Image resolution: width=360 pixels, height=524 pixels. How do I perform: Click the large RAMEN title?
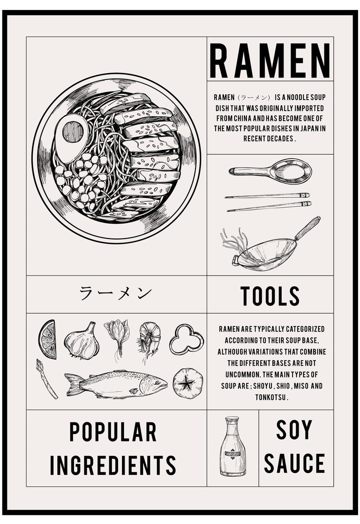click(270, 60)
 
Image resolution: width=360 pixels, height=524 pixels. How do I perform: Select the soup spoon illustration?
click(272, 171)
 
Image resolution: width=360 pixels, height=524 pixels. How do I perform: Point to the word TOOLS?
click(270, 296)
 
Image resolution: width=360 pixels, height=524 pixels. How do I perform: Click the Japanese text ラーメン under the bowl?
click(115, 293)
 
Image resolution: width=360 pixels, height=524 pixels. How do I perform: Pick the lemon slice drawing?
click(48, 339)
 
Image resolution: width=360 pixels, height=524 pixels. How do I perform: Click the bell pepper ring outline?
click(186, 339)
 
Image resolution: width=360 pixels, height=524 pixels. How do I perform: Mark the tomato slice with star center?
click(188, 383)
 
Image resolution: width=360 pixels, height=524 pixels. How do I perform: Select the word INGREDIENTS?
click(113, 464)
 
